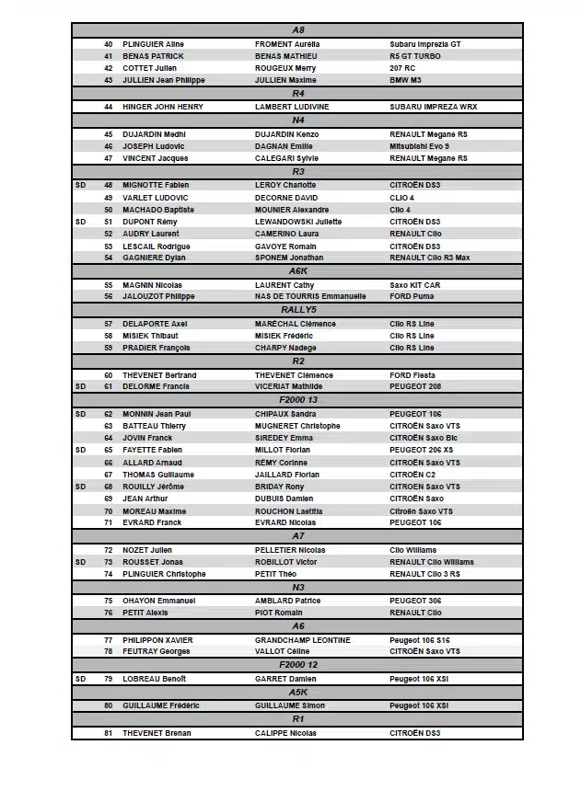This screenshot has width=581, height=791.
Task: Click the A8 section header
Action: [x=297, y=30]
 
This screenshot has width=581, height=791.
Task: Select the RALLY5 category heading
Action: [x=297, y=310]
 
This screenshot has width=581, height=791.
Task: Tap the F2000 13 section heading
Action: [x=297, y=400]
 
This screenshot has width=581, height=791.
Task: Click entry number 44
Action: [x=109, y=107]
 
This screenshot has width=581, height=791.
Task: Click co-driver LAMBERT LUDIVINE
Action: [x=292, y=107]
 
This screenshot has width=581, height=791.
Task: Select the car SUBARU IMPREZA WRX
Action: [x=434, y=107]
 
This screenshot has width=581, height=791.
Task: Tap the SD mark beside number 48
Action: [x=81, y=185]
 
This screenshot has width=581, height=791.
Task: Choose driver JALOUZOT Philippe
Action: [x=158, y=296]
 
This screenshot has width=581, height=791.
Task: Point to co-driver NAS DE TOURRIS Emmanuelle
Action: [x=310, y=296]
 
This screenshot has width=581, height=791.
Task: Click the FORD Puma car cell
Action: [x=413, y=296]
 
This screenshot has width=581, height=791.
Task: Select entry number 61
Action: [x=109, y=386]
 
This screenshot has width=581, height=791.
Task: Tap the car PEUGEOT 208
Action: [x=415, y=386]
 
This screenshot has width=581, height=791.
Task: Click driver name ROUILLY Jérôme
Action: [x=154, y=487]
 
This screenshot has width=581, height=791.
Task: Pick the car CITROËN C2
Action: [x=412, y=475]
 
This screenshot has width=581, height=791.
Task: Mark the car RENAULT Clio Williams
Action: [x=432, y=562]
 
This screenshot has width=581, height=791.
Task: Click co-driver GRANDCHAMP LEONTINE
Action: [x=303, y=640]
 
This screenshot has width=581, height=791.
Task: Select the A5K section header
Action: [x=297, y=692]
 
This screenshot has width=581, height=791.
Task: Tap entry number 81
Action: [x=109, y=733]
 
